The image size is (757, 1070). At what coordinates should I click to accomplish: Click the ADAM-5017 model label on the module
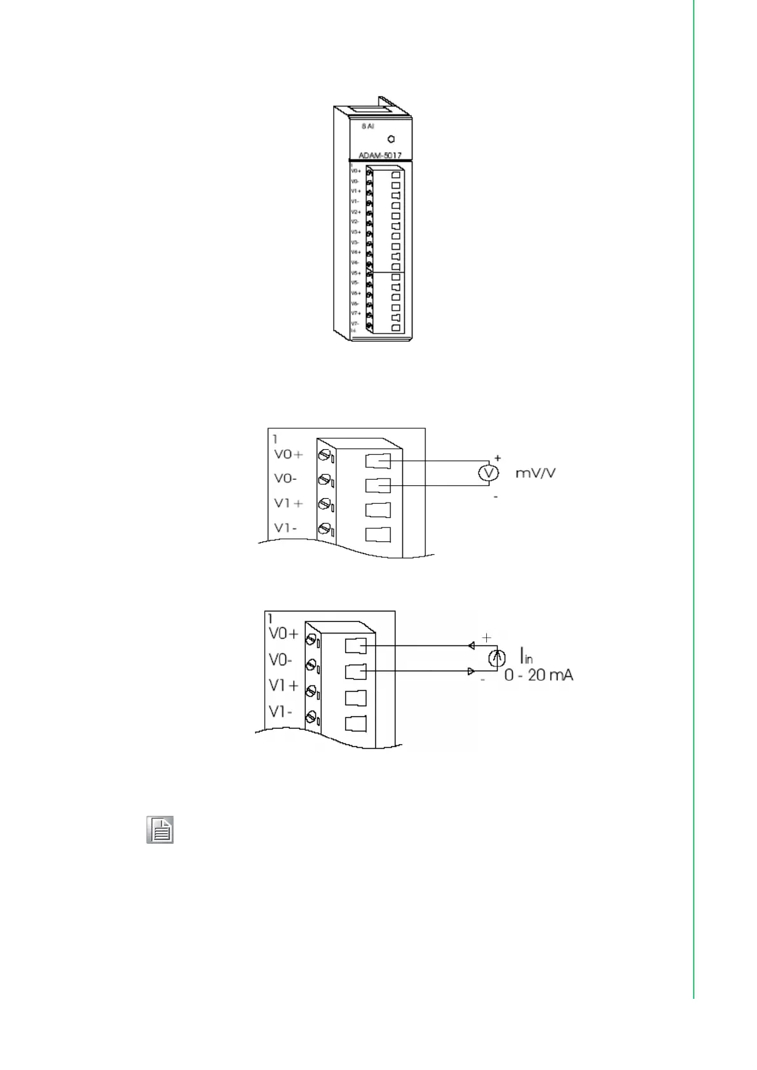pyautogui.click(x=379, y=155)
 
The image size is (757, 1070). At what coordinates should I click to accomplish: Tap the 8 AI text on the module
pyautogui.click(x=368, y=126)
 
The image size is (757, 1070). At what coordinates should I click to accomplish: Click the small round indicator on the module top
pyautogui.click(x=391, y=139)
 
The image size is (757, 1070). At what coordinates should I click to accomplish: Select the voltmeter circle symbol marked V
pyautogui.click(x=488, y=473)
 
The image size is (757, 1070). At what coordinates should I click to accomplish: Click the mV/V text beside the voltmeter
pyautogui.click(x=535, y=473)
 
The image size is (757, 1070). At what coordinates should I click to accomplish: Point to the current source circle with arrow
pyautogui.click(x=496, y=658)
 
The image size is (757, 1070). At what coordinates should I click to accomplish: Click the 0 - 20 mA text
pyautogui.click(x=538, y=675)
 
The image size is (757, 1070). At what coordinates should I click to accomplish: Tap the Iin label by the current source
pyautogui.click(x=526, y=655)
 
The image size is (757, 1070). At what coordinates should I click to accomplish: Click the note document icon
pyautogui.click(x=160, y=830)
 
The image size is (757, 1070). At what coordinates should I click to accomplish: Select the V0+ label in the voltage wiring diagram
pyautogui.click(x=288, y=454)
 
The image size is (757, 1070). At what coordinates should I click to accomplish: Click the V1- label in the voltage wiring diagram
pyautogui.click(x=285, y=528)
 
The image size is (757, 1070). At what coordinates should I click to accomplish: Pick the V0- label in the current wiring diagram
pyautogui.click(x=280, y=660)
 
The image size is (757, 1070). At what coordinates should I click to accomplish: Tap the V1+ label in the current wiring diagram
pyautogui.click(x=283, y=686)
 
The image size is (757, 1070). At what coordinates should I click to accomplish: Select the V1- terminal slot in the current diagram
pyautogui.click(x=355, y=723)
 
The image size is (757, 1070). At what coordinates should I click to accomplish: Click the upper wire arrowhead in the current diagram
pyautogui.click(x=471, y=646)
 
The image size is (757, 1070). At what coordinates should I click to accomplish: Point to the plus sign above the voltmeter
pyautogui.click(x=498, y=457)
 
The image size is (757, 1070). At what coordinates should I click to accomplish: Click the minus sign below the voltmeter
pyautogui.click(x=496, y=497)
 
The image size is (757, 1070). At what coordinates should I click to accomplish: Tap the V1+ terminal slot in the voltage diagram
pyautogui.click(x=378, y=510)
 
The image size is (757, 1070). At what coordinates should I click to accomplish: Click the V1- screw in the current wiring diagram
pyautogui.click(x=311, y=717)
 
